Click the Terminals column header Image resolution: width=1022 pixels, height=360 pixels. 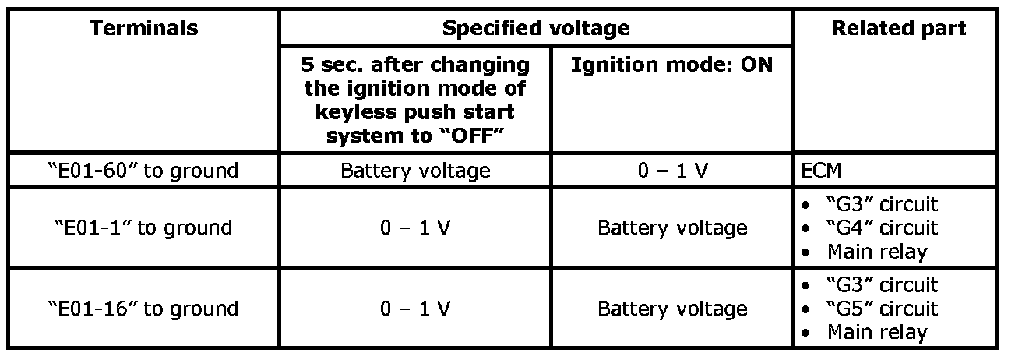[144, 29]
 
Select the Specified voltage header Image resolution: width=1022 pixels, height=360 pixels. [536, 29]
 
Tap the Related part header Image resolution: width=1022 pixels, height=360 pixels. [899, 29]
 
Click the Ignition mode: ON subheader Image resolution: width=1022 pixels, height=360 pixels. [671, 65]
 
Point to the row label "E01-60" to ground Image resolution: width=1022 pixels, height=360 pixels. [144, 171]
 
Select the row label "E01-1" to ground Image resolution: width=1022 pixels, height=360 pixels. [144, 228]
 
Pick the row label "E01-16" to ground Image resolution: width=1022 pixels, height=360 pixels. [144, 309]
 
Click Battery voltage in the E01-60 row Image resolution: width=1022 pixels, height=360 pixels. [415, 171]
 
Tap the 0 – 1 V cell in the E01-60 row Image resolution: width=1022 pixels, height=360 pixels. [671, 171]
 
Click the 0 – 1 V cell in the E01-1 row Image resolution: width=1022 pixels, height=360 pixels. [415, 228]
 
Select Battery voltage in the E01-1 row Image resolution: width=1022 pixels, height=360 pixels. [671, 228]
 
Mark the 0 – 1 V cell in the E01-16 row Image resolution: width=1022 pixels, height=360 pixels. [415, 309]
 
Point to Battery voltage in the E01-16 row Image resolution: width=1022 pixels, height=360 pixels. [671, 309]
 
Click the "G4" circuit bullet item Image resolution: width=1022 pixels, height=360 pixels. [880, 228]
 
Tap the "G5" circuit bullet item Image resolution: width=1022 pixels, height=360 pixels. [880, 309]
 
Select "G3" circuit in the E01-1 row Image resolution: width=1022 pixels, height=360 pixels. [880, 205]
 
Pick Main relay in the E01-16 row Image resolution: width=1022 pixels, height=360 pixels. [877, 332]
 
